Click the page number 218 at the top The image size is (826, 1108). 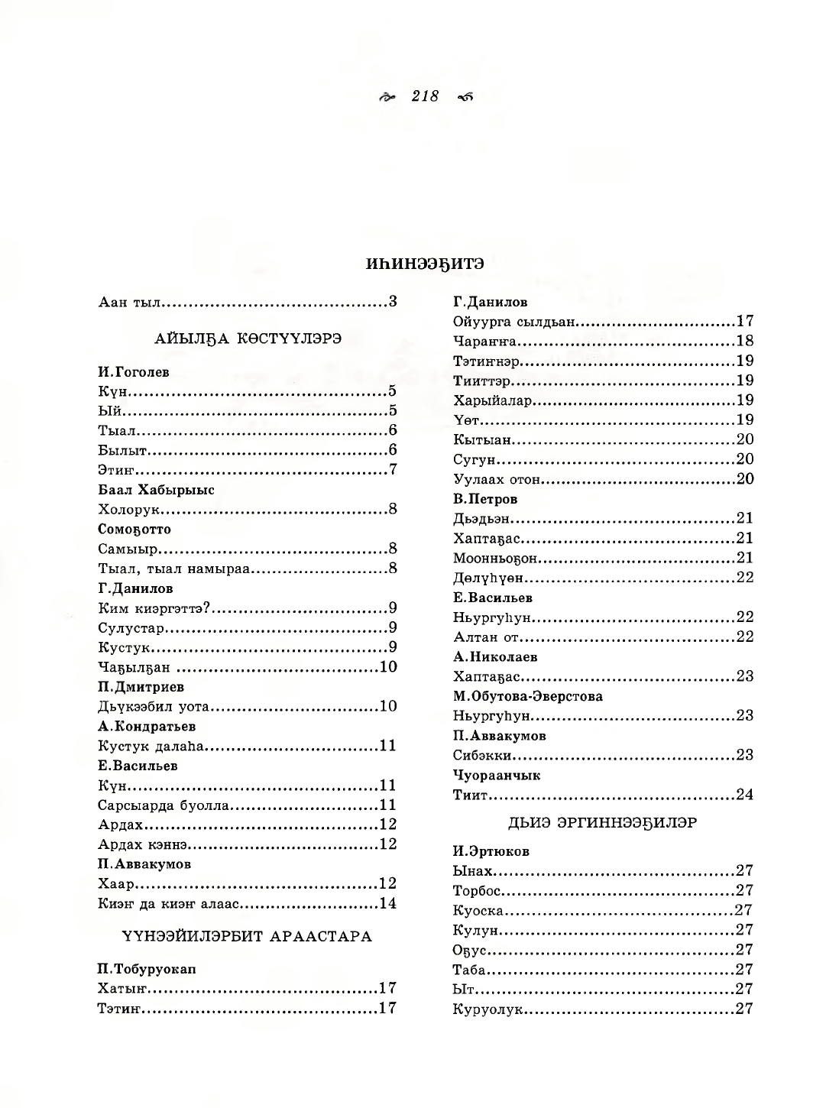point(425,96)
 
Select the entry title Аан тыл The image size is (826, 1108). point(129,302)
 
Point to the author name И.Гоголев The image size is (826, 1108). point(134,372)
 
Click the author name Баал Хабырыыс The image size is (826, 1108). point(156,490)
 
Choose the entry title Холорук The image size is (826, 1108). point(128,509)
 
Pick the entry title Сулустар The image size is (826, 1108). point(131,628)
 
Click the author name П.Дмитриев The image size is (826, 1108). point(141,686)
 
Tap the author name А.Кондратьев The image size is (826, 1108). point(147,726)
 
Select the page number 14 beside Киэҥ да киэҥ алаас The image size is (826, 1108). point(387,904)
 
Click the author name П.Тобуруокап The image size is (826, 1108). point(147,969)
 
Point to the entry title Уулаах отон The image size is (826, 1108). point(497,479)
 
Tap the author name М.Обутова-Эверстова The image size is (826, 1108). point(527,696)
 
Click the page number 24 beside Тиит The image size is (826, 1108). point(744,795)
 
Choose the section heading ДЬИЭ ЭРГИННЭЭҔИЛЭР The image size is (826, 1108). point(602,823)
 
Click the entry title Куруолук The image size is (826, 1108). point(487,1009)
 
